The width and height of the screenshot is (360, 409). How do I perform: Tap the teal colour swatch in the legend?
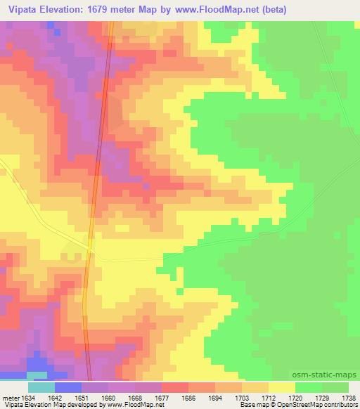pos(41,387)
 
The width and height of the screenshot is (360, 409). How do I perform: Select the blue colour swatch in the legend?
pos(68,387)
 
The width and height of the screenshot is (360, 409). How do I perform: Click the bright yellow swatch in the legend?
pos(282,387)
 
